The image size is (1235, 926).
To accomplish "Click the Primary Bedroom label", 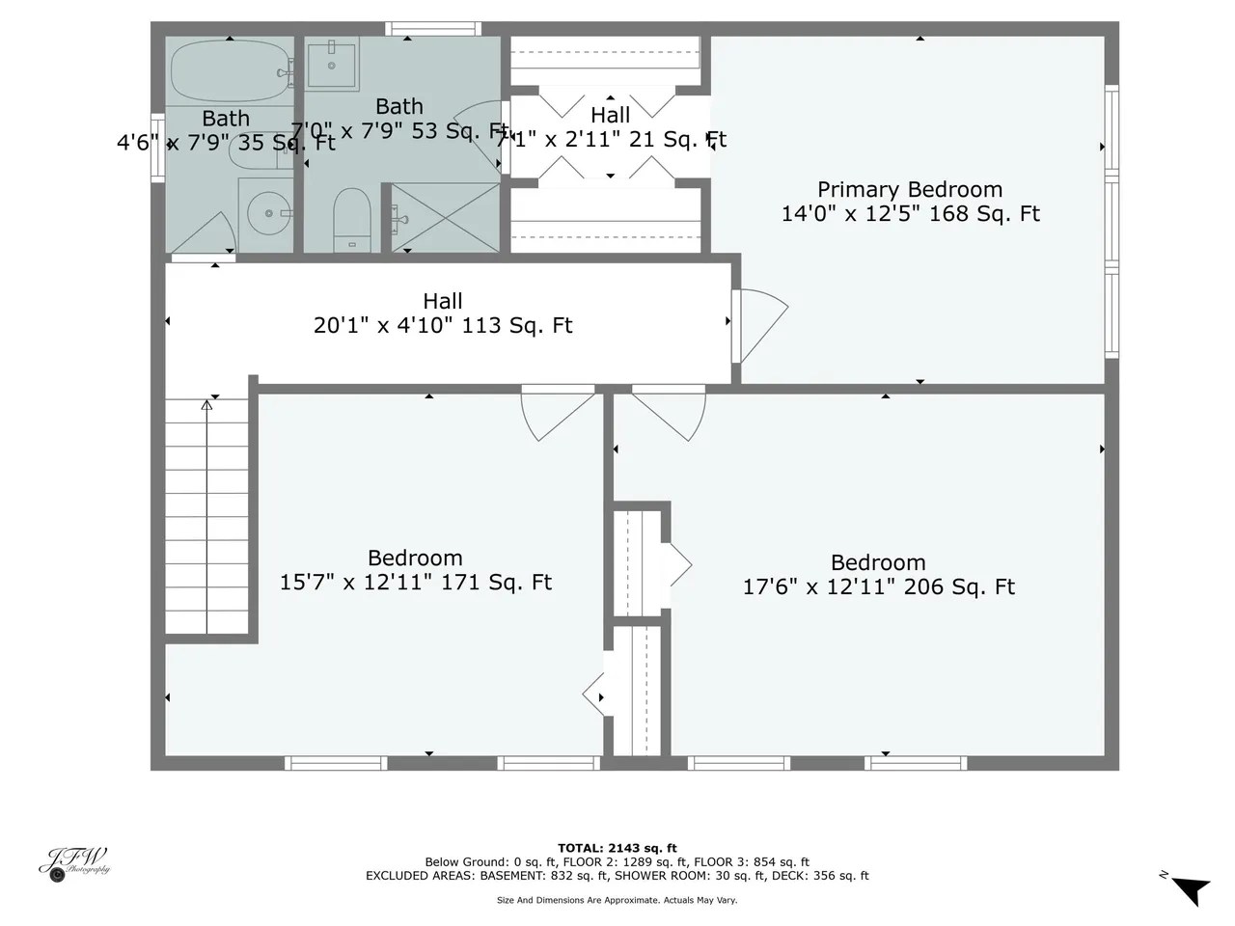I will (x=910, y=190).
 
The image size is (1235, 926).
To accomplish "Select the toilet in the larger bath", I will (x=352, y=217).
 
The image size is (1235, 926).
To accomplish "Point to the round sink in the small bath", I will (x=263, y=211).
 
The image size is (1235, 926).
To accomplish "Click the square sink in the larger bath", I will (x=333, y=62).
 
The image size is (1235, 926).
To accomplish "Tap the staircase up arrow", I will (x=206, y=406).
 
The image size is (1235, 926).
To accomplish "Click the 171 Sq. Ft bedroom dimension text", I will (x=415, y=583).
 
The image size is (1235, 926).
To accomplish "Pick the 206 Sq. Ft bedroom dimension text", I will (x=878, y=587).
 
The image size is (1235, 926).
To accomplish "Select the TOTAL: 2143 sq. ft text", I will (x=617, y=848).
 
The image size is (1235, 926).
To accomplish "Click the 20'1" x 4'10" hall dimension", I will (x=443, y=326).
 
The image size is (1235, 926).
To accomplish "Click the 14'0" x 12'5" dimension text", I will (x=910, y=214).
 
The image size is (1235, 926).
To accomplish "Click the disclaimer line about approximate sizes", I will (x=617, y=900).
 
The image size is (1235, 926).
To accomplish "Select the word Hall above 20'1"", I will (x=443, y=302).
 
